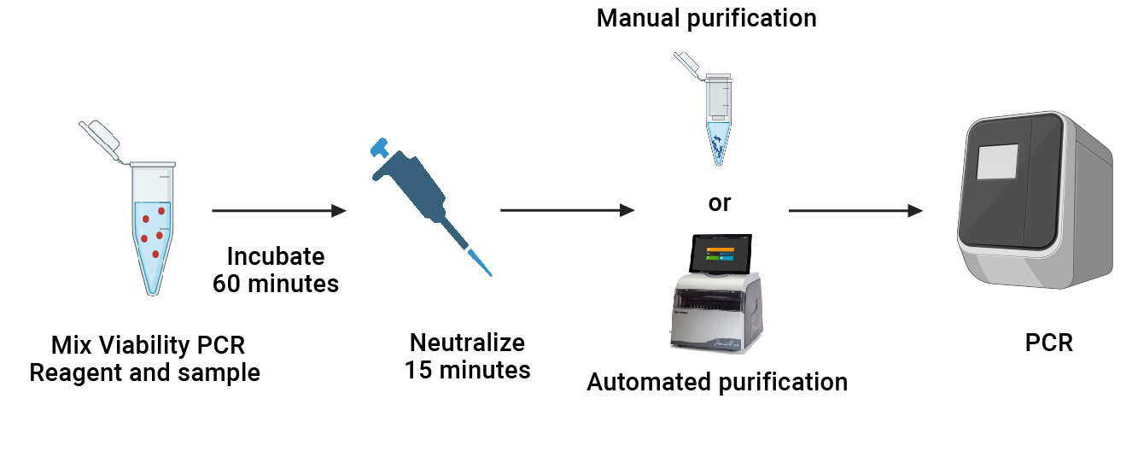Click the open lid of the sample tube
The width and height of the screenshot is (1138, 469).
pos(101,140)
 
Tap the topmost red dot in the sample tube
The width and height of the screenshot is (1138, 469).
pos(160,210)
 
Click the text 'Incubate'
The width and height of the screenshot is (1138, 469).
pos(276,256)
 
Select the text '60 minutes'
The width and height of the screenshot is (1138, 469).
pos(276,283)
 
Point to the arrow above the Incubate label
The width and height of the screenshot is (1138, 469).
pos(278,210)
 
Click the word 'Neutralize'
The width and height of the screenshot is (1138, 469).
pos(467,343)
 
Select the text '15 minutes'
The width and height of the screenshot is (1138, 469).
pos(467,370)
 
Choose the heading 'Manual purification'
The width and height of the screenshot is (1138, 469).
pos(706,18)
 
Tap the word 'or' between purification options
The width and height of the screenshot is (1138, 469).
pos(720,203)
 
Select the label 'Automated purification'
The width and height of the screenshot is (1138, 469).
pos(717,382)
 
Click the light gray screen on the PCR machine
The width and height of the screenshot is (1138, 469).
pos(998,162)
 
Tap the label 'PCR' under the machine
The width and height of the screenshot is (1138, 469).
pos(1048,343)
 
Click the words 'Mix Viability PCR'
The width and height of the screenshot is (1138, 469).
pos(148,346)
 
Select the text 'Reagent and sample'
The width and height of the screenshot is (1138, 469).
pos(144,372)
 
